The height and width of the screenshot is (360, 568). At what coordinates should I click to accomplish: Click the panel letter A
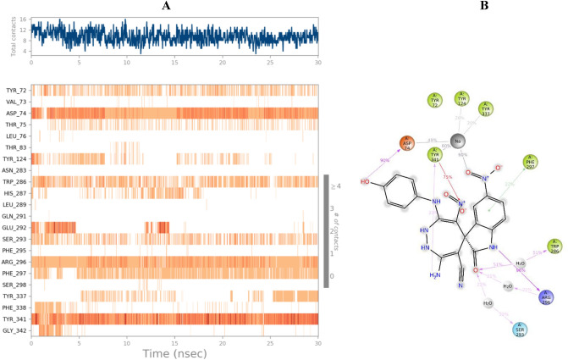173,6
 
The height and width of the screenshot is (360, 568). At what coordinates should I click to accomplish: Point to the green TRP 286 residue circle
554,246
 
